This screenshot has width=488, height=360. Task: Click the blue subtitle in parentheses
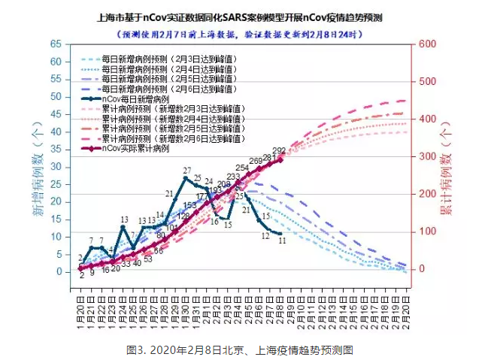(244, 33)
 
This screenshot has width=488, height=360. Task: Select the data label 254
(242, 168)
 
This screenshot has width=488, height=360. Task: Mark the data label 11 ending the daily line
(282, 241)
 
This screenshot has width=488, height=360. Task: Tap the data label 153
(189, 205)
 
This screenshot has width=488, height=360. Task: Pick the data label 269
(256, 161)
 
